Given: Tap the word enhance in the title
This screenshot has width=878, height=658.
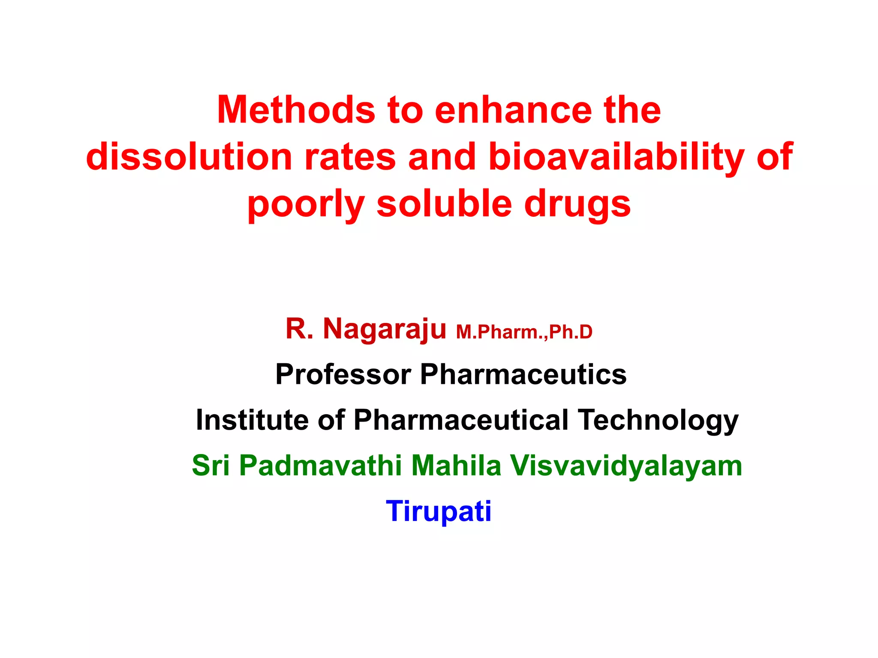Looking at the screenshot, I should point(513,110).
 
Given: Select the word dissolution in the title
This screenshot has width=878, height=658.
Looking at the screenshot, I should point(189,157).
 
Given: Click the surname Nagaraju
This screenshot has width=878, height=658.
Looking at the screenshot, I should point(384,329).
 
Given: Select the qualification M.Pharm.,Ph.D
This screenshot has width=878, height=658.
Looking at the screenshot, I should point(524,332).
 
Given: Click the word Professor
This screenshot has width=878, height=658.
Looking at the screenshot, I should point(343,374).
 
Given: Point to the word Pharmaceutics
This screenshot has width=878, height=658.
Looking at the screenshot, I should point(523,374).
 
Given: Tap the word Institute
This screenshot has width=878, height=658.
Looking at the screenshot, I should point(252,420).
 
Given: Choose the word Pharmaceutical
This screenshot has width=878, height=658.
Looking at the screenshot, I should point(461,420).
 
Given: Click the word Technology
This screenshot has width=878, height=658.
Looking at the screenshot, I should point(658,420).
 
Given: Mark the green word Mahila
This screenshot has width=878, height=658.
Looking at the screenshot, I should point(456,466).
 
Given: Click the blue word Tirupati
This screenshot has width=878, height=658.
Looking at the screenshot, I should point(439,511).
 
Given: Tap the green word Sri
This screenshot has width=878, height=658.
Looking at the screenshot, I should point(211,466).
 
